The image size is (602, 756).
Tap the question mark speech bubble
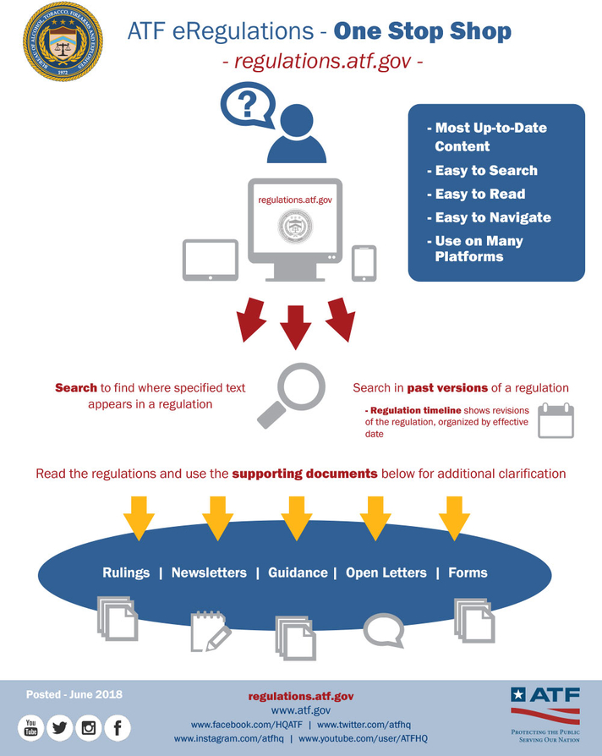point(247,106)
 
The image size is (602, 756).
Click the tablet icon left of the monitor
point(211,260)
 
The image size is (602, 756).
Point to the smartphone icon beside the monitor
point(364,263)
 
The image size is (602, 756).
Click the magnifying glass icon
point(292,395)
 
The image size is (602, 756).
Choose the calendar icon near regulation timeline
point(555,420)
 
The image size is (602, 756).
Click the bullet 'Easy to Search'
point(485,170)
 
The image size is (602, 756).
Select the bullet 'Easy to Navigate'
point(492,217)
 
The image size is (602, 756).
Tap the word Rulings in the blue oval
point(126,572)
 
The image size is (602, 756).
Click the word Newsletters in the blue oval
point(209,572)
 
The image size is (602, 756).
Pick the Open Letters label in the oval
point(386,572)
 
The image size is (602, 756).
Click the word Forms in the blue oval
point(468,572)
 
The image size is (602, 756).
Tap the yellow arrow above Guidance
point(296,518)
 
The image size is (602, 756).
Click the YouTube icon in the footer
point(31,727)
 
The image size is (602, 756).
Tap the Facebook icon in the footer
point(118,727)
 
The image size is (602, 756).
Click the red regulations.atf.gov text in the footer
point(300,696)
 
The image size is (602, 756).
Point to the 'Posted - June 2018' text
point(74,694)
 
